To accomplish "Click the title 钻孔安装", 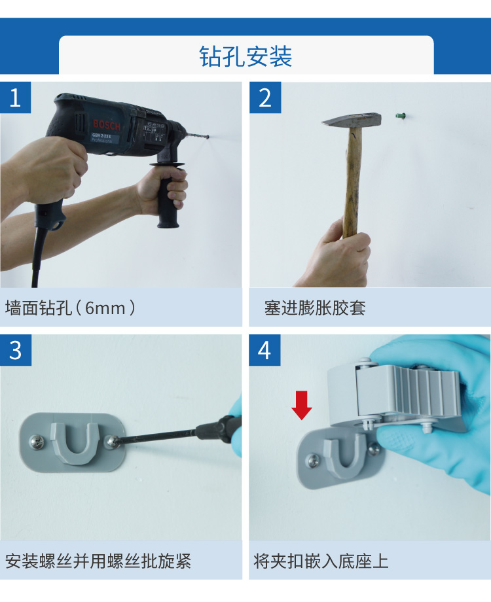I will pos(245,56).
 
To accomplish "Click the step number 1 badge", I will pos(15,97).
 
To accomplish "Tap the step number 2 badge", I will pos(264,97).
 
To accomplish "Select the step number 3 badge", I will pos(15,350).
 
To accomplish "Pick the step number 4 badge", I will pos(264,350).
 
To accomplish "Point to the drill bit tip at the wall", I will pos(207,137).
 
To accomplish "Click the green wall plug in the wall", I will pos(400,116).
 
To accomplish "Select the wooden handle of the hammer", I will pos(352,183).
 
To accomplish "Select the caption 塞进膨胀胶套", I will pos(315,308).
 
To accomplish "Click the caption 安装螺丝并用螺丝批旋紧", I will pos(98,561).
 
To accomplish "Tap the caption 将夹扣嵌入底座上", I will pos(321,561).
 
